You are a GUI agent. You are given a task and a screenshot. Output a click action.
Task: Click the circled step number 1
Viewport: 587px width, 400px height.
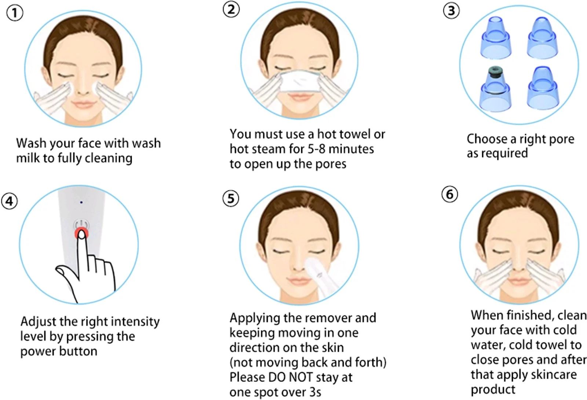click(x=15, y=13)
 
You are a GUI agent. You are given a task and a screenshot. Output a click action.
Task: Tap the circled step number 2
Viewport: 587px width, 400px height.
click(x=231, y=10)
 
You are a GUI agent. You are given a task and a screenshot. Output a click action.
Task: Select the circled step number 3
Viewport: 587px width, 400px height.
click(x=451, y=11)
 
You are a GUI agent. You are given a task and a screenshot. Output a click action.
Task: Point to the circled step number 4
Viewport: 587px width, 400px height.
click(x=10, y=201)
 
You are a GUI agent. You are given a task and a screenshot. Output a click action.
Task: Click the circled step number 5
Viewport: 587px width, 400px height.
click(x=231, y=198)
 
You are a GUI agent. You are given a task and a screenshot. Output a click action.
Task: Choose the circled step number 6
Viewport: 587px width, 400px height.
click(x=450, y=194)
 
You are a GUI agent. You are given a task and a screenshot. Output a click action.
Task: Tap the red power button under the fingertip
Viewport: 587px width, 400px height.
click(x=81, y=233)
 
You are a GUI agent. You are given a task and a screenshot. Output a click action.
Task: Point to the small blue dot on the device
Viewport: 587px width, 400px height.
click(x=81, y=202)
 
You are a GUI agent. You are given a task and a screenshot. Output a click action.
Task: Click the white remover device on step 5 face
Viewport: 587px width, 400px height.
click(x=321, y=278)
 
